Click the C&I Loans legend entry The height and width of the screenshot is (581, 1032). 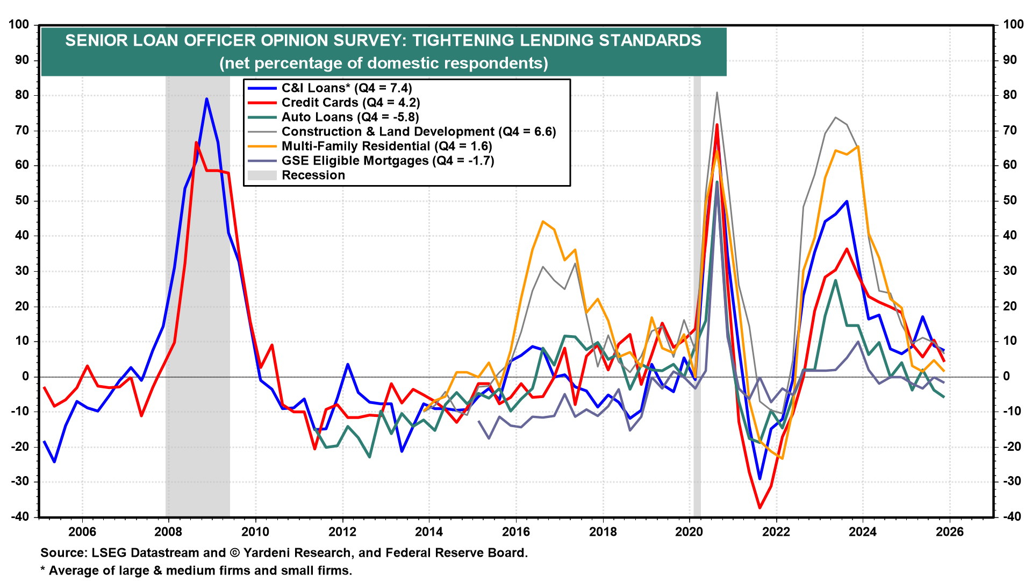pos(347,88)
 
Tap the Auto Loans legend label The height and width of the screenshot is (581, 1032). pos(350,117)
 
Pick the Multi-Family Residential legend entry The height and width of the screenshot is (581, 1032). pos(386,146)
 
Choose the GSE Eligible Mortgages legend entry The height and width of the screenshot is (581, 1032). pos(388,161)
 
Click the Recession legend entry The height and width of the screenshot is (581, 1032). pos(313,175)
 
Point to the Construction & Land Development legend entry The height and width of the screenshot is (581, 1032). pos(418,132)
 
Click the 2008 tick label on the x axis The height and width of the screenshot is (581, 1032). pos(168,532)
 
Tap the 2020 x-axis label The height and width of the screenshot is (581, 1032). pos(689,532)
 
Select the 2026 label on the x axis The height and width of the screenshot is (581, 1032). pos(950,532)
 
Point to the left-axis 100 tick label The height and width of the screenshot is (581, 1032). pos(19,25)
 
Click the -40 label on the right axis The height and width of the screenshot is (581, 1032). pos(1010,517)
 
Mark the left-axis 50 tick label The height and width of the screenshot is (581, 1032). pos(22,201)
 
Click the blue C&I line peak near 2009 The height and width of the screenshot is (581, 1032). pos(206,99)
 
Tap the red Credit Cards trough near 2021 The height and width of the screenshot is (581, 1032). pos(759,507)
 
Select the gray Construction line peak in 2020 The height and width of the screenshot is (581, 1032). pos(717,93)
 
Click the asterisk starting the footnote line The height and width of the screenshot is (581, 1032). pos(43,570)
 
